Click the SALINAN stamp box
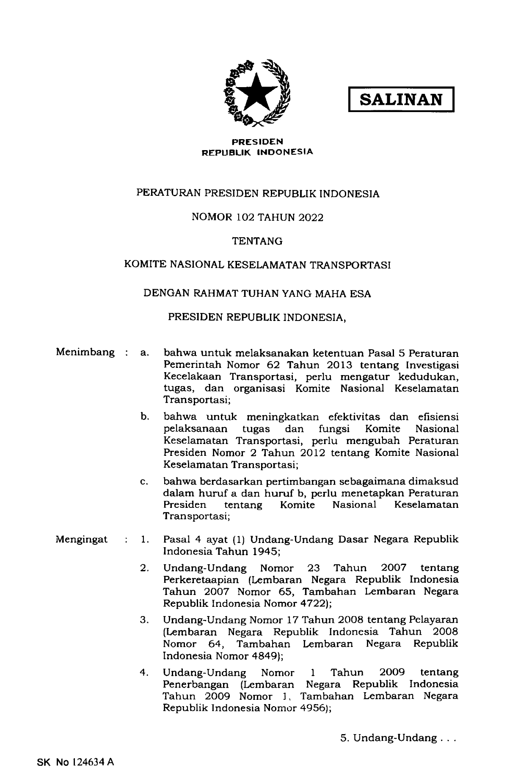(401, 99)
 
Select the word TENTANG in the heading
(257, 241)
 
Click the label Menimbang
(85, 352)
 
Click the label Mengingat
(82, 540)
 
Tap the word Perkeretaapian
(195, 579)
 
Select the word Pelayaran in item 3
(433, 620)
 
